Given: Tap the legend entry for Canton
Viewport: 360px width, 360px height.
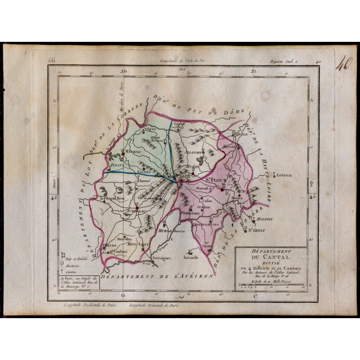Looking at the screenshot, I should (x=73, y=272).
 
